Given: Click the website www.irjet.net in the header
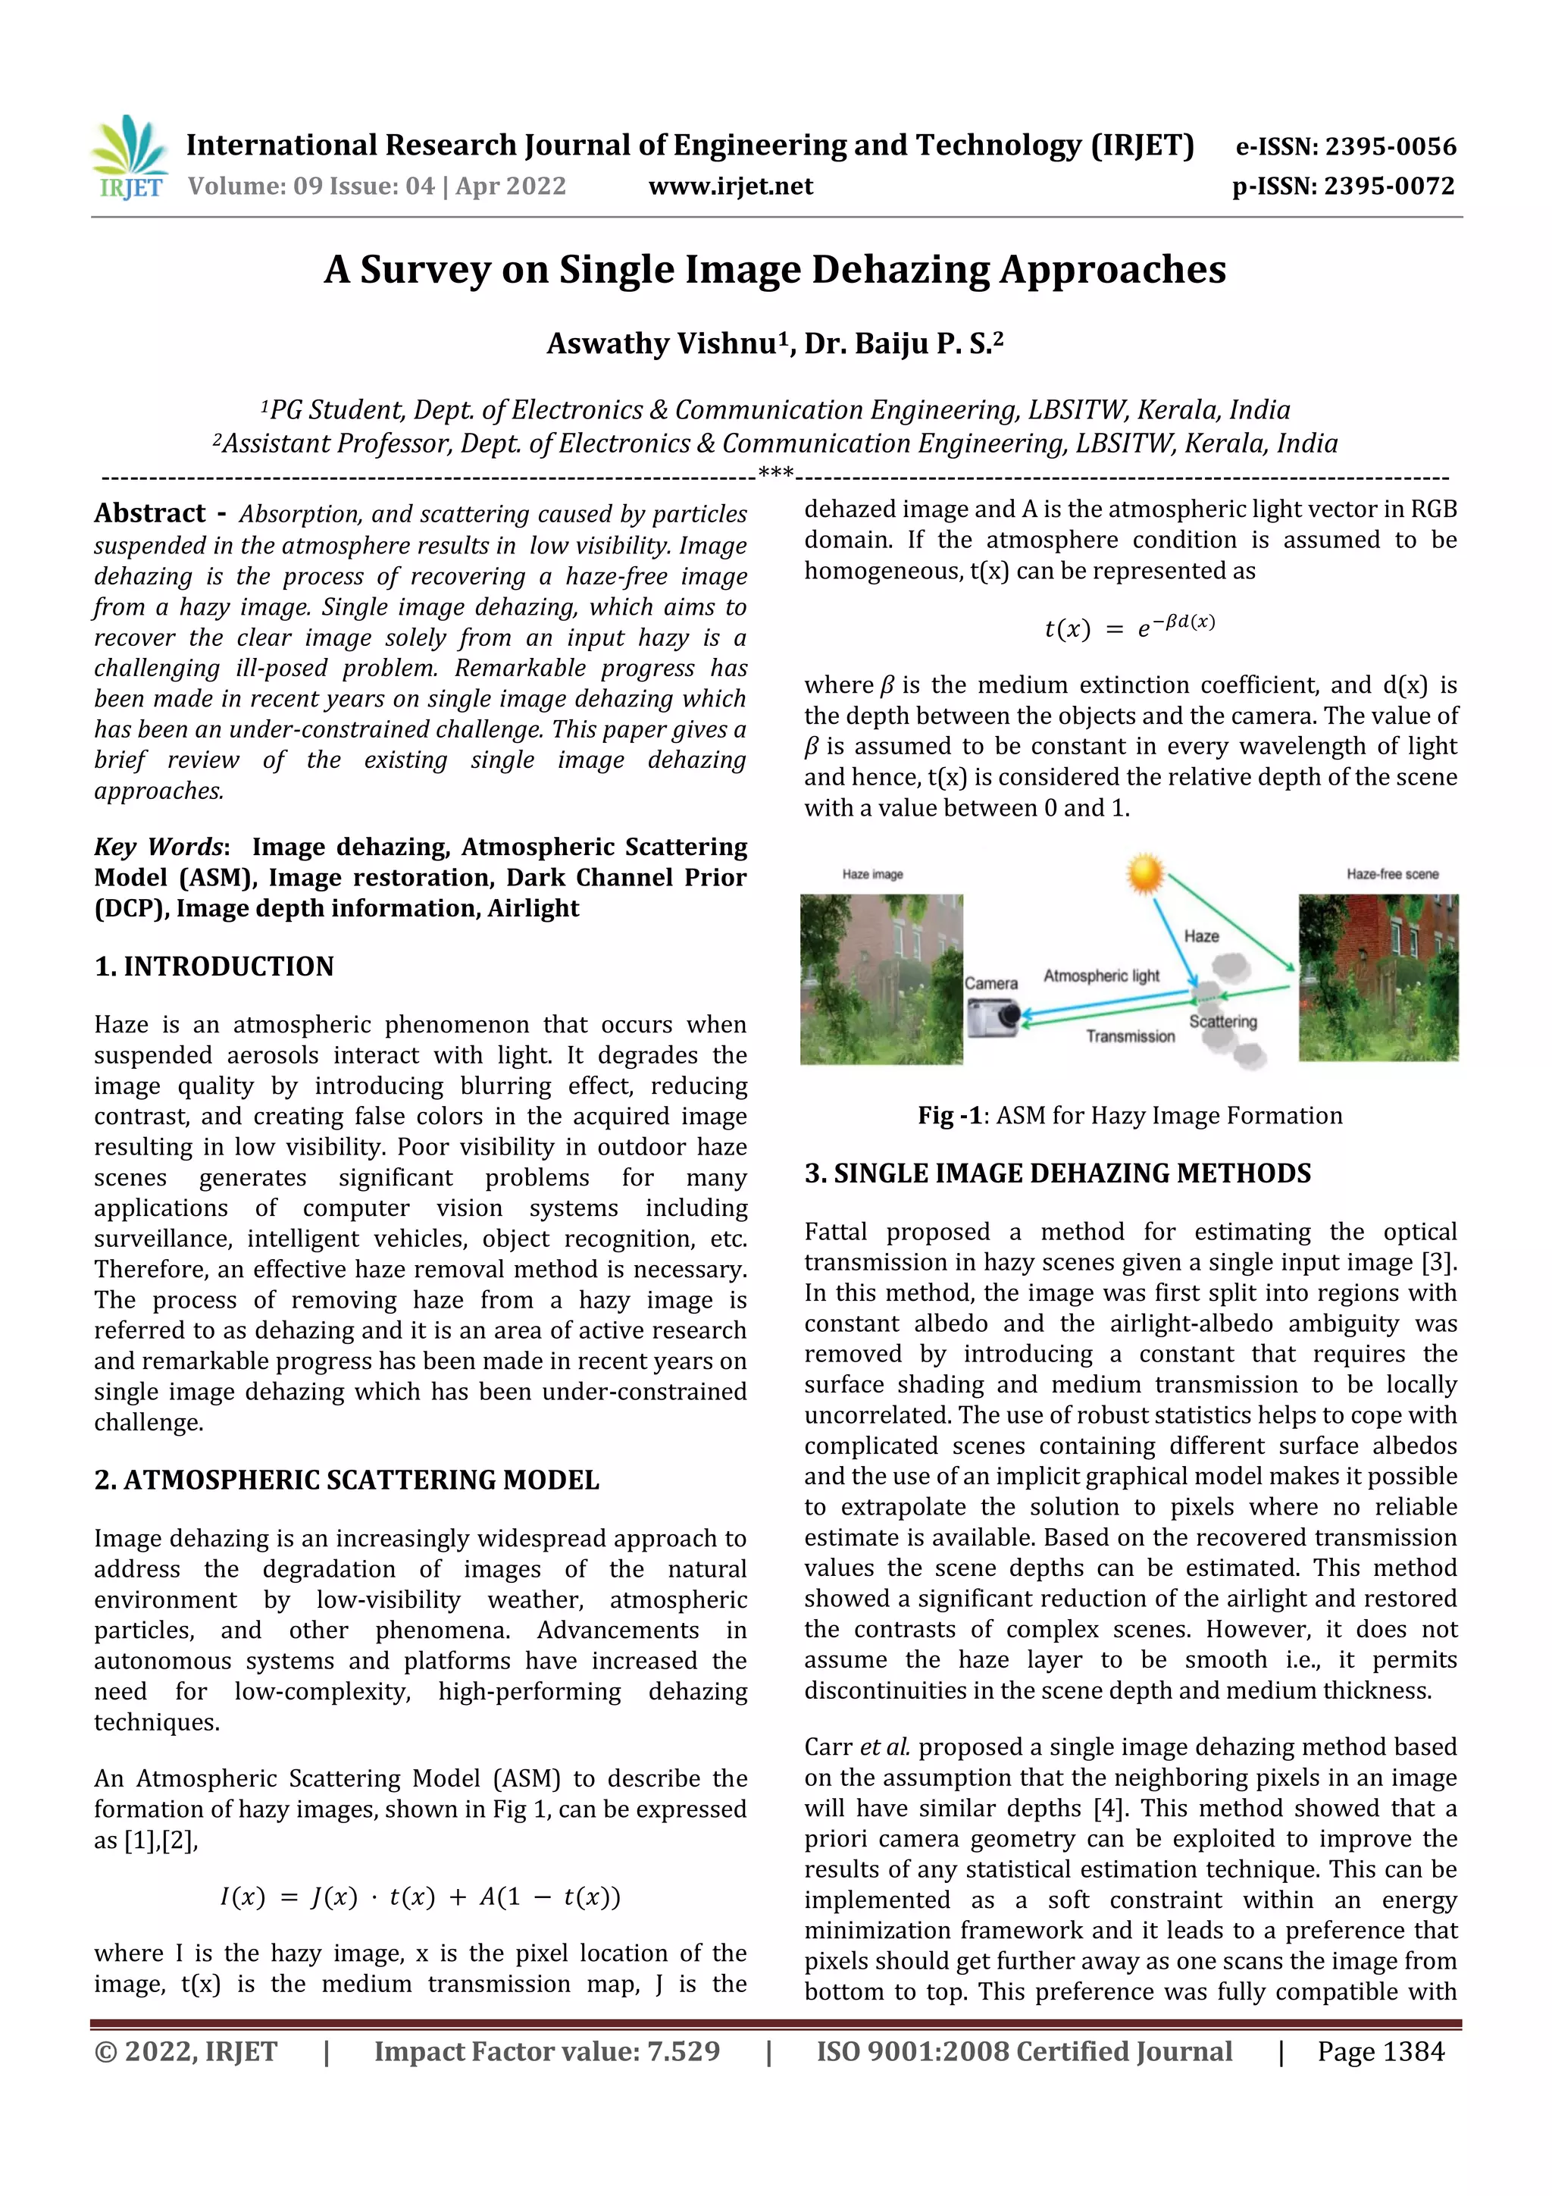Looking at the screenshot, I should tap(731, 186).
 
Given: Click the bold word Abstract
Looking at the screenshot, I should tap(150, 514).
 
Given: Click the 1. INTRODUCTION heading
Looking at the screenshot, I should tap(214, 967).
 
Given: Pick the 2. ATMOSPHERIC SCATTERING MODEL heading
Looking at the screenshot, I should tap(346, 1480).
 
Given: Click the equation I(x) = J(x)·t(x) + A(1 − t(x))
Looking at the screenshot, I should tap(420, 1897).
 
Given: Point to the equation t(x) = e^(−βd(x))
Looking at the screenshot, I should tap(1129, 628).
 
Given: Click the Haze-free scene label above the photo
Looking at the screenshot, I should tap(1391, 874).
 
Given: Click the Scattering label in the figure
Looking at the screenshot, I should tap(1222, 1022).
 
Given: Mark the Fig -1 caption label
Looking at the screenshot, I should tap(950, 1116).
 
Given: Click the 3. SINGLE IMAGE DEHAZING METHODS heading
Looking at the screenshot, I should tap(1056, 1173).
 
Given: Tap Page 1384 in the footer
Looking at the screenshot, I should tap(1380, 2051).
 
